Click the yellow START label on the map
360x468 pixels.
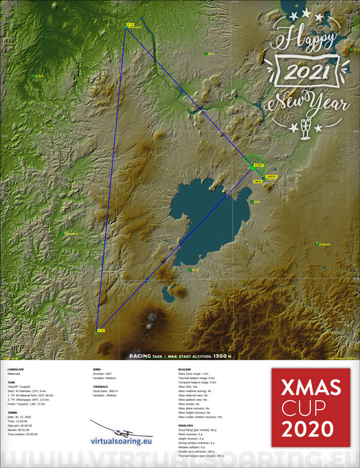tap(259, 166)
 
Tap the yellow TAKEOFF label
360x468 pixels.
tap(272, 176)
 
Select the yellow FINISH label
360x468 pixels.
tap(257, 182)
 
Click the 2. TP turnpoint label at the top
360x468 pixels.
tap(130, 25)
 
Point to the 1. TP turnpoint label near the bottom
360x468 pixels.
tap(101, 330)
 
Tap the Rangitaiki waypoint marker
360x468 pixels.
tap(323, 244)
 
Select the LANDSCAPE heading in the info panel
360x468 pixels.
tap(16, 370)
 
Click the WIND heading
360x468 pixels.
tap(97, 370)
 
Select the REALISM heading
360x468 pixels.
tap(184, 370)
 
